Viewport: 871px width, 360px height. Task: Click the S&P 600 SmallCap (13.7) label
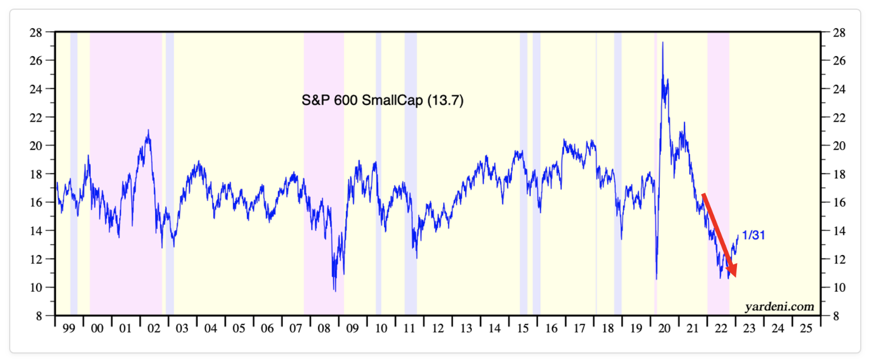point(382,100)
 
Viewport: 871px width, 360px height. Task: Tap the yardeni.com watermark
point(779,307)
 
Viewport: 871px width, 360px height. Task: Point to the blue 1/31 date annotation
point(753,235)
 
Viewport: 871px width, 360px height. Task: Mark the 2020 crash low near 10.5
point(656,278)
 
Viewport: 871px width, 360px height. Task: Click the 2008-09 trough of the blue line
point(334,290)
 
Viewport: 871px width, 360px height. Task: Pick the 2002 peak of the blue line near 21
point(148,131)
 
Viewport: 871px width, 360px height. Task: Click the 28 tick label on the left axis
point(36,32)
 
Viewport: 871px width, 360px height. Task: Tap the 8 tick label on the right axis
point(835,316)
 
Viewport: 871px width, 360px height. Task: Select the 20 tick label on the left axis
point(36,145)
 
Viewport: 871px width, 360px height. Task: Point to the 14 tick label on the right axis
point(839,231)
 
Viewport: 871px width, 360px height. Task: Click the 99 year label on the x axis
point(69,328)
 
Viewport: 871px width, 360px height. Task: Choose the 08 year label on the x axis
point(324,328)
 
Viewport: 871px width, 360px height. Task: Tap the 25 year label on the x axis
point(806,328)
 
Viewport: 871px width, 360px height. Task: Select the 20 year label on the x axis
point(664,328)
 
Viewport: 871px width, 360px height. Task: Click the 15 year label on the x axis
point(522,328)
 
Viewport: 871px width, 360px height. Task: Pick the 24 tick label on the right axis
point(839,89)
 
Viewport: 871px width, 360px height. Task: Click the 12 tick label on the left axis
point(36,259)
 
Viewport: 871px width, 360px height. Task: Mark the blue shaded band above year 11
point(411,173)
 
